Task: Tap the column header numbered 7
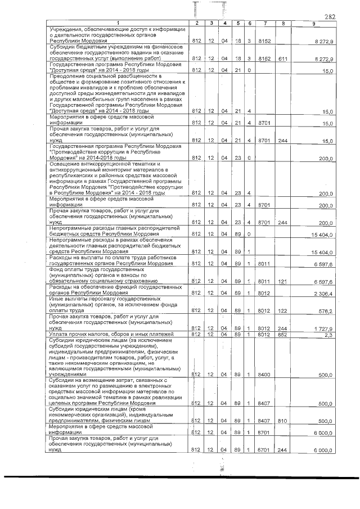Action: tap(264, 23)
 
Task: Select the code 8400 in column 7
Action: tap(264, 374)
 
